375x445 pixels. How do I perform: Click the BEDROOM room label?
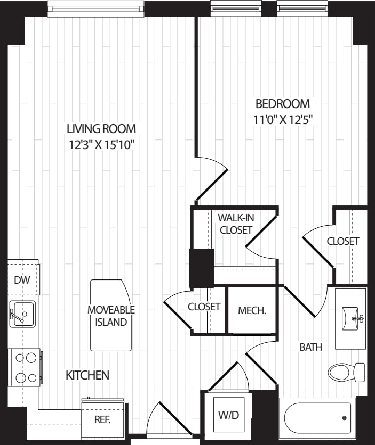click(x=283, y=104)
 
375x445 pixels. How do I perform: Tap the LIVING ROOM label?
click(x=101, y=129)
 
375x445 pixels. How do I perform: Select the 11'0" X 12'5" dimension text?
click(x=283, y=120)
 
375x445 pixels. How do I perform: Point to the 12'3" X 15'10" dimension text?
click(x=101, y=145)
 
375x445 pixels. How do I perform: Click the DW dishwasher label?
click(x=22, y=281)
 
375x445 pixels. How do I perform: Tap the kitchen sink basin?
click(x=22, y=315)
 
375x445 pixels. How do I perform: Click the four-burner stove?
click(x=26, y=367)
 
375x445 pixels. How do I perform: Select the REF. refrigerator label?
click(x=102, y=420)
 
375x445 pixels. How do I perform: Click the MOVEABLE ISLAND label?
click(x=111, y=316)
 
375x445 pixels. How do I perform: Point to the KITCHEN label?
click(x=87, y=375)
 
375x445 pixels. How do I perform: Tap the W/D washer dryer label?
click(x=229, y=415)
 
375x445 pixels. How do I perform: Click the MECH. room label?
click(x=252, y=310)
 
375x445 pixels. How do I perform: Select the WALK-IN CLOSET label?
click(x=236, y=224)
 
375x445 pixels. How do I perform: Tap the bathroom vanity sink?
click(x=352, y=318)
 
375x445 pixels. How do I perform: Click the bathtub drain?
click(x=344, y=418)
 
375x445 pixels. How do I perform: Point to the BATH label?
click(x=311, y=347)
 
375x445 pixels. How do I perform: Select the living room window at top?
click(x=95, y=9)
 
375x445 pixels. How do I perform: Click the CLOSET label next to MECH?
click(x=204, y=307)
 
